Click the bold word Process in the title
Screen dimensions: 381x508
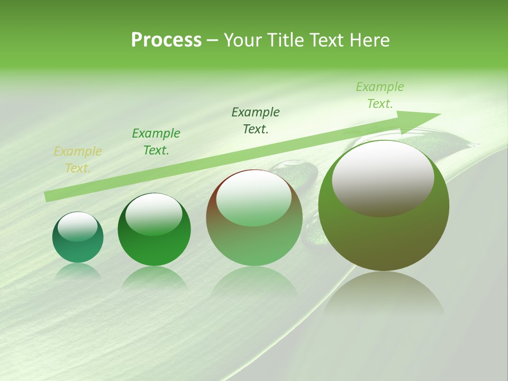click(x=166, y=40)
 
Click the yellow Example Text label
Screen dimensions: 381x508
click(x=78, y=160)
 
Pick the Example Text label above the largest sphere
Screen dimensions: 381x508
click(x=380, y=95)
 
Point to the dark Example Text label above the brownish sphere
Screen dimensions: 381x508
click(x=256, y=121)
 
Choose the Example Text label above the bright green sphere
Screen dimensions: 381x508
click(x=156, y=142)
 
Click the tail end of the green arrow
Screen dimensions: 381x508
click(x=49, y=196)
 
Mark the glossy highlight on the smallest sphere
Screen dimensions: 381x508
click(x=78, y=226)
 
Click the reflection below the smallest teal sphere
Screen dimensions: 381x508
click(x=78, y=271)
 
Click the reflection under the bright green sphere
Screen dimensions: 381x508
click(x=154, y=278)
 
